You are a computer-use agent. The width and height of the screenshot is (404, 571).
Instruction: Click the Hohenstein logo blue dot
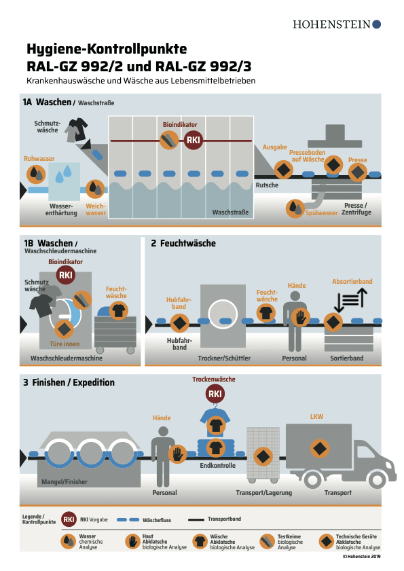(x=377, y=24)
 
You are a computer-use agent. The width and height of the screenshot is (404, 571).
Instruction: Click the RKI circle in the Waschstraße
(x=193, y=140)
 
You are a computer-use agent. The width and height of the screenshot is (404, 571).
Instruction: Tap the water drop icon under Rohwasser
(x=36, y=174)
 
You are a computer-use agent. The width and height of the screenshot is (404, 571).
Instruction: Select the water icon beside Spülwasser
(x=295, y=208)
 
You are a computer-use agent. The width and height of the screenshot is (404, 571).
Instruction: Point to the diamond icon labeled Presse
(x=358, y=172)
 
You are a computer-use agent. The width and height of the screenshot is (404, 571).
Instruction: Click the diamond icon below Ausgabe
(x=283, y=170)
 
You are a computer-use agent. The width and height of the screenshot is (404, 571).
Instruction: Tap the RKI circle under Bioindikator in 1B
(x=66, y=275)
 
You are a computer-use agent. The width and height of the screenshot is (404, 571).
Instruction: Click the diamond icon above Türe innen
(x=64, y=329)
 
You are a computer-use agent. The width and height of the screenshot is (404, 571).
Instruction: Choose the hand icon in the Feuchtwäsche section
(x=301, y=317)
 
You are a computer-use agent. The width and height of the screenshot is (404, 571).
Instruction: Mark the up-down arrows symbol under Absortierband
(x=350, y=300)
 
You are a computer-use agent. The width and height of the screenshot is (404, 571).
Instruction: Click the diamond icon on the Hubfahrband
(x=179, y=323)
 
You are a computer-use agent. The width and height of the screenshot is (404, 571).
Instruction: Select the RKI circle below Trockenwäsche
(x=215, y=394)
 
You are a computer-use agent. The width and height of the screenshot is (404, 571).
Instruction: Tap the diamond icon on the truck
(x=320, y=449)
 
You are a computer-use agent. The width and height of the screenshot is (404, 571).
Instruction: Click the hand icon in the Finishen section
(x=177, y=454)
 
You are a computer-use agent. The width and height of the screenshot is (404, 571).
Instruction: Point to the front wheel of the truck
(x=378, y=479)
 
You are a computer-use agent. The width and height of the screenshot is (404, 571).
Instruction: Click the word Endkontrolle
(x=217, y=465)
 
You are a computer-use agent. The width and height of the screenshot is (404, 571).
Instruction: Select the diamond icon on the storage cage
(x=263, y=457)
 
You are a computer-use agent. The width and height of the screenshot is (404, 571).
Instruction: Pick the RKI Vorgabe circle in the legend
(x=69, y=519)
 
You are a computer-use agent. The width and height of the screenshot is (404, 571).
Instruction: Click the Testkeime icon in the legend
(x=267, y=542)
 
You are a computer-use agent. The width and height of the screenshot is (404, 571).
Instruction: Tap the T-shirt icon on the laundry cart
(x=118, y=311)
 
